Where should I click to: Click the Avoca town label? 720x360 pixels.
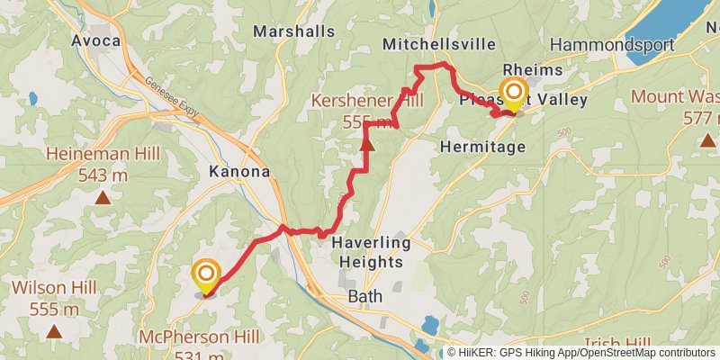[95, 40]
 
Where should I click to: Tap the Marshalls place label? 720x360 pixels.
[293, 31]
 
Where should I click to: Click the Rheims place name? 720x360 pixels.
[534, 70]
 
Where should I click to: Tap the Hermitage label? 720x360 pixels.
[484, 146]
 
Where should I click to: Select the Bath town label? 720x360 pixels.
[364, 296]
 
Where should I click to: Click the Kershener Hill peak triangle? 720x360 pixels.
[367, 142]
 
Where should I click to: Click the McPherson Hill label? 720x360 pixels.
[199, 337]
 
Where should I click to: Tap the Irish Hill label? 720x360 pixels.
[616, 344]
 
